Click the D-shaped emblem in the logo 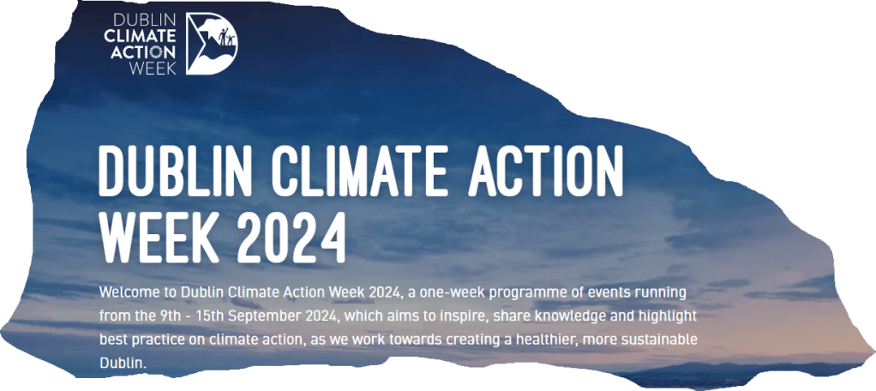[211, 44]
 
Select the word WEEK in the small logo [153, 68]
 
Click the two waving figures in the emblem [225, 37]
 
